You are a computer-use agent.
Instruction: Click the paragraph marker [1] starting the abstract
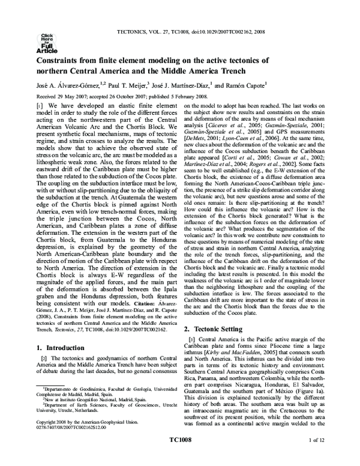[x=40, y=105]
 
